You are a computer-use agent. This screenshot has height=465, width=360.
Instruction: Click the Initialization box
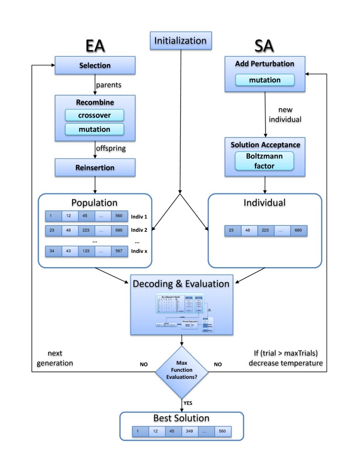(180, 40)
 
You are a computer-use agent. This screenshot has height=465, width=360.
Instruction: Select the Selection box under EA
(95, 66)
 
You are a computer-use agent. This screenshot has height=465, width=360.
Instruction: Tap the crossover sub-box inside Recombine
(94, 115)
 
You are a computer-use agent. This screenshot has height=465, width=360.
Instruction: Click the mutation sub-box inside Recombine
(94, 129)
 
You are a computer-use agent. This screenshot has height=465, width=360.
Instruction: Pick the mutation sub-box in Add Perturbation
(265, 80)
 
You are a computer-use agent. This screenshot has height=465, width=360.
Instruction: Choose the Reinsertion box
(95, 168)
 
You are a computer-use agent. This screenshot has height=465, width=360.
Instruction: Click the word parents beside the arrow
(108, 85)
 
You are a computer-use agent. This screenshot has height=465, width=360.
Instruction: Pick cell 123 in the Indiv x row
(87, 251)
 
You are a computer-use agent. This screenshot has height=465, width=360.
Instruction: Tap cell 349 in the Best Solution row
(190, 431)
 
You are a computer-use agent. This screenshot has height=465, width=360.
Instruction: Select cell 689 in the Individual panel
(298, 230)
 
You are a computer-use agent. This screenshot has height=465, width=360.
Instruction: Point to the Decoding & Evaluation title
(181, 284)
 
